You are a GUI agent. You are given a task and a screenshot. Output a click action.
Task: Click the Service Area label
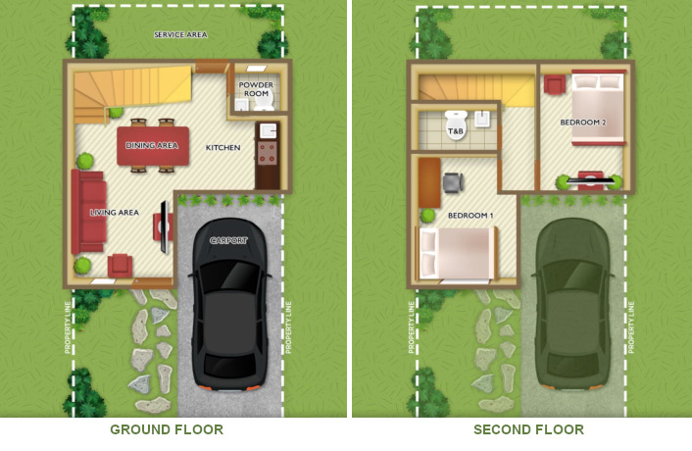(x=180, y=35)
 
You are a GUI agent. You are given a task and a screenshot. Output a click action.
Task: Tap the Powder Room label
(x=256, y=89)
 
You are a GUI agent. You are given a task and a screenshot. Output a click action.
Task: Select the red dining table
(x=153, y=146)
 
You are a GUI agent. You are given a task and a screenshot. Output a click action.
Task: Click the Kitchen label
(x=222, y=147)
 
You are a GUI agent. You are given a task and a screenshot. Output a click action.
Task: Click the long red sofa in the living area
(x=89, y=212)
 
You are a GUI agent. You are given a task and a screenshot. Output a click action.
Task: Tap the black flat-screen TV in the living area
(x=164, y=226)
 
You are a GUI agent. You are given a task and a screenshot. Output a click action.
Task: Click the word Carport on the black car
(x=228, y=240)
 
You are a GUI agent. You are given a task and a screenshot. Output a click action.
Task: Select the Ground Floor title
(x=167, y=429)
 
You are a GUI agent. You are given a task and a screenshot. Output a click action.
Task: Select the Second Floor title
(x=528, y=429)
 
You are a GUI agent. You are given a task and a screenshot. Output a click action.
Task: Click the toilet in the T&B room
(x=456, y=125)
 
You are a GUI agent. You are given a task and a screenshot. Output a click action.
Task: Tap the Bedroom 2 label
(x=583, y=123)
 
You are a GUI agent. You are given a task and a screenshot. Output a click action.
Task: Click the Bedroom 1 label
(x=470, y=216)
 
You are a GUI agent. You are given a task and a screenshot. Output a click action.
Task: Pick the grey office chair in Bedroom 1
(x=453, y=182)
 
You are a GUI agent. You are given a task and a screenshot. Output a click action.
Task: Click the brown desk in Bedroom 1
(x=430, y=182)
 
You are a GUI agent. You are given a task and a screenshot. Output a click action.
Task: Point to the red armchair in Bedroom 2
(x=555, y=84)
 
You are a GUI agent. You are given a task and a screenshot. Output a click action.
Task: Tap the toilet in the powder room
(x=265, y=101)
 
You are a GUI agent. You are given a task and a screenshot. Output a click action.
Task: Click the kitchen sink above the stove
(x=268, y=131)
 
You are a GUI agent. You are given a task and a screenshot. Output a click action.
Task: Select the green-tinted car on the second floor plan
(x=572, y=305)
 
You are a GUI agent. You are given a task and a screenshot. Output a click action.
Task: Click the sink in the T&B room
(x=482, y=119)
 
